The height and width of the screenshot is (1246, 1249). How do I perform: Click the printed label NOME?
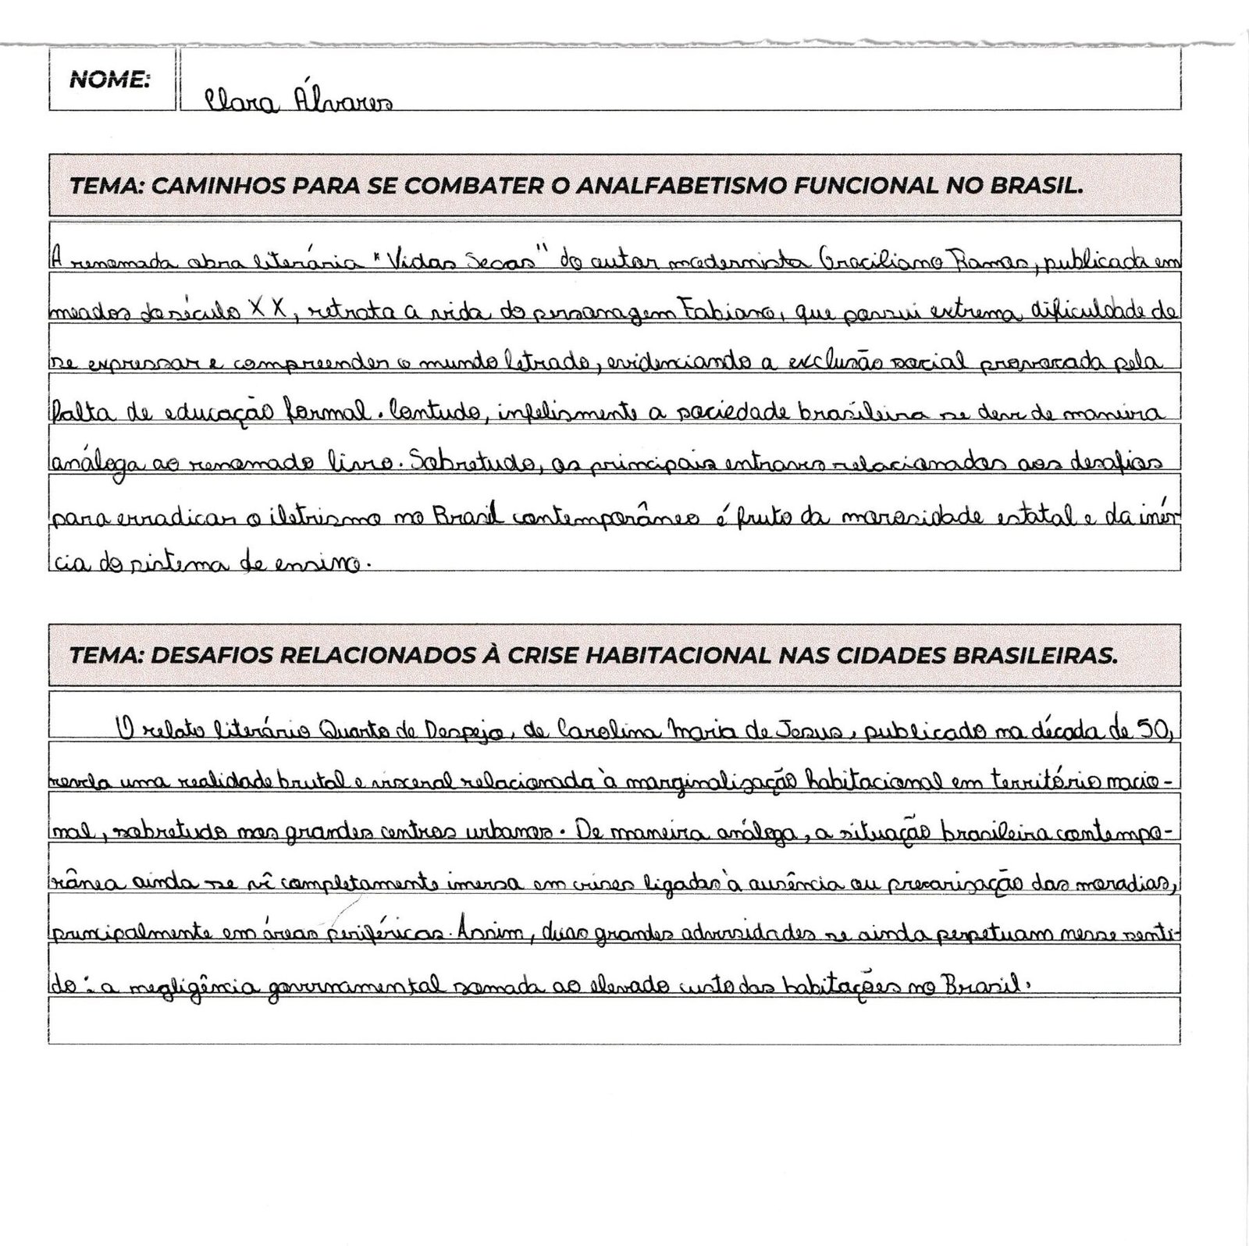coord(109,80)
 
